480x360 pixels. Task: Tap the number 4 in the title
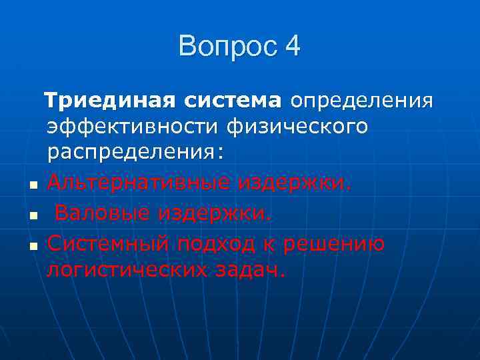click(292, 47)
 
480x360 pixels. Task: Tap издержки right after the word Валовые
click(215, 213)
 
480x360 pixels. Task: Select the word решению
click(333, 244)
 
